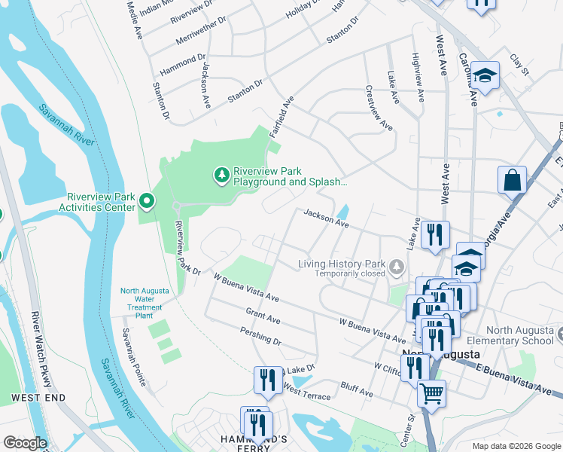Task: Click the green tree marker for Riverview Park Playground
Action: [221, 176]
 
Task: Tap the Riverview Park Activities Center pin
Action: [147, 201]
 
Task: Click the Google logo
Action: [25, 443]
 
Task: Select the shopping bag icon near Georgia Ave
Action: [512, 181]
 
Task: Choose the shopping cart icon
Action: [431, 392]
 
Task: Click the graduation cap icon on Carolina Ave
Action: [485, 75]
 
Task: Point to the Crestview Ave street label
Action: [379, 111]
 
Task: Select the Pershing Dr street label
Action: [260, 336]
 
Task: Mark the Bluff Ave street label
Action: [357, 391]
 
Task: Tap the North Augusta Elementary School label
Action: [519, 335]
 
